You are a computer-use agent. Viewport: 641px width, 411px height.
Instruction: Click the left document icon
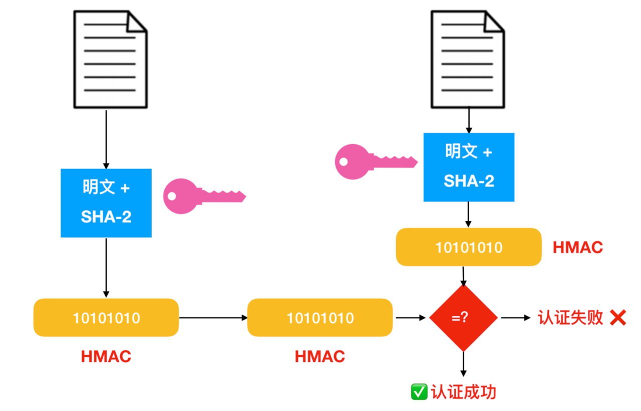[x=110, y=59]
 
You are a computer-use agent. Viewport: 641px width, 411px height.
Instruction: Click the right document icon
[x=468, y=59]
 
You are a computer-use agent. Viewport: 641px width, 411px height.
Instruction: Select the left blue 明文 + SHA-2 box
[x=106, y=202]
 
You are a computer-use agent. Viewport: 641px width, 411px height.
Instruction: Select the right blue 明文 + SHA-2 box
[x=469, y=167]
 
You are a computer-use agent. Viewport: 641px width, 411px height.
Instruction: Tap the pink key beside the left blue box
[x=203, y=196]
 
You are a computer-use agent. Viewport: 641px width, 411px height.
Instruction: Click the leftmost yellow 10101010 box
[x=106, y=317]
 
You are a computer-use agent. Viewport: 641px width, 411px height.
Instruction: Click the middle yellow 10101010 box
[x=320, y=317]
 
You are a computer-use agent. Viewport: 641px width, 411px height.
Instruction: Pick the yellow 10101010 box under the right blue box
[x=469, y=247]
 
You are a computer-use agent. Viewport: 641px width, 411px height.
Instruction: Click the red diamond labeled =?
[x=463, y=317]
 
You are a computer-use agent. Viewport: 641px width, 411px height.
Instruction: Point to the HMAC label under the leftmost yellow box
[x=106, y=356]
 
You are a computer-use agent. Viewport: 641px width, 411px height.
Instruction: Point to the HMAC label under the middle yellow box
[x=320, y=356]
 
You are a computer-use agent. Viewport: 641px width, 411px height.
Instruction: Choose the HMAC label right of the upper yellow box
[x=577, y=247]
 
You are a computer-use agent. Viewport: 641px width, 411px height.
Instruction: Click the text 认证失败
[x=570, y=317]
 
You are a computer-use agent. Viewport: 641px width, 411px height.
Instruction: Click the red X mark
[x=618, y=317]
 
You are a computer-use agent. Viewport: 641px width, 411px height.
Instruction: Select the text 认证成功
[x=463, y=392]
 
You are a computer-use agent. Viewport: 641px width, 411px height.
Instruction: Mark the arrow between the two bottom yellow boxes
[x=213, y=317]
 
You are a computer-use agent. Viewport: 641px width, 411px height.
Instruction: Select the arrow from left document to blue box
[x=106, y=139]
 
